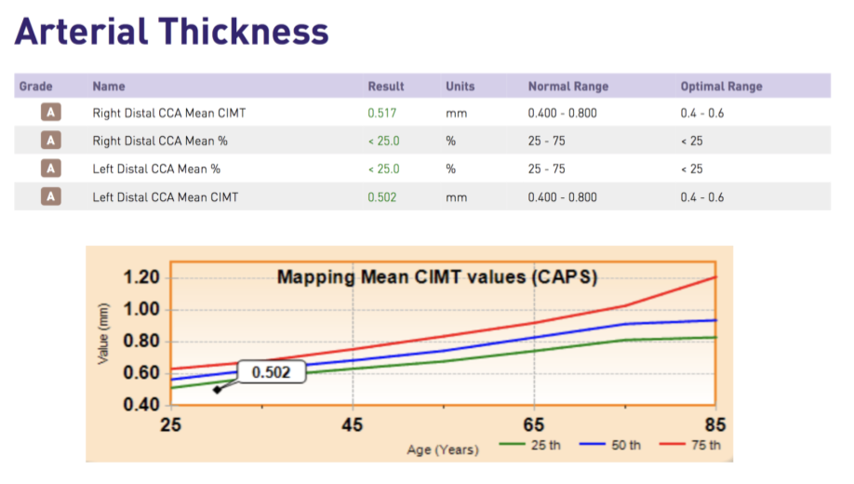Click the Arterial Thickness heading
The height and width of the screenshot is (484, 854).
(x=171, y=32)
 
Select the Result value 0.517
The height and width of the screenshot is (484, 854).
(x=382, y=114)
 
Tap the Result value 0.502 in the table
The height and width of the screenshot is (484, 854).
(x=382, y=197)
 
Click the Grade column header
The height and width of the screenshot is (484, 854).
(x=35, y=87)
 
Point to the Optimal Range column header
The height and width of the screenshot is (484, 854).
(x=721, y=87)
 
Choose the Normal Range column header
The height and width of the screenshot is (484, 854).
(x=567, y=87)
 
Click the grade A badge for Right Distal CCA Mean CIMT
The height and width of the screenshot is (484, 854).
(x=50, y=114)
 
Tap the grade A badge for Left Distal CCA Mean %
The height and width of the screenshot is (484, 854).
(x=50, y=169)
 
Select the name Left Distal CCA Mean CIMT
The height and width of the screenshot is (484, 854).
(x=166, y=197)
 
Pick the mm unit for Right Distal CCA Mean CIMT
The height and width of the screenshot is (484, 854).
(x=455, y=114)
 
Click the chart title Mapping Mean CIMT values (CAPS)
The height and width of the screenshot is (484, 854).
(x=437, y=277)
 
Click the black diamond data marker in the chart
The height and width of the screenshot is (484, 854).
(x=217, y=390)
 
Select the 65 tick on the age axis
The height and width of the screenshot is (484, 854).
(x=533, y=424)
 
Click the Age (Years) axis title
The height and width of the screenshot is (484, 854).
(x=443, y=450)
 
